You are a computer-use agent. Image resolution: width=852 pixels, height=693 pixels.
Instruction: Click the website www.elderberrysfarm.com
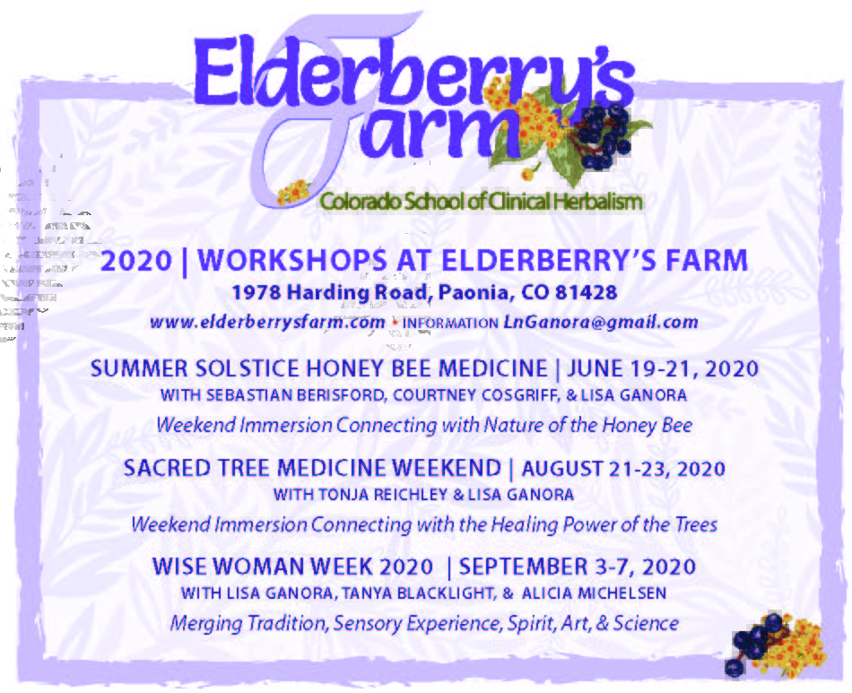point(267,322)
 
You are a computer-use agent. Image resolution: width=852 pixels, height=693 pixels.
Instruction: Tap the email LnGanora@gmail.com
point(601,322)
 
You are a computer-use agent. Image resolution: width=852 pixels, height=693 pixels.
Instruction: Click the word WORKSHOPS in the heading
point(292,260)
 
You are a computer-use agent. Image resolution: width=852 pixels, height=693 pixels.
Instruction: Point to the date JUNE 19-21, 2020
point(663,368)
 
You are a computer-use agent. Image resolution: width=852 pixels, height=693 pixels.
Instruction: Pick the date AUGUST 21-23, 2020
point(623,468)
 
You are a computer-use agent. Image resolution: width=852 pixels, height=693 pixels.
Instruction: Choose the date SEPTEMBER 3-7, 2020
point(578,567)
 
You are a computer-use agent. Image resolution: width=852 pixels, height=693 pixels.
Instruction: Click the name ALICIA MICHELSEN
point(594,593)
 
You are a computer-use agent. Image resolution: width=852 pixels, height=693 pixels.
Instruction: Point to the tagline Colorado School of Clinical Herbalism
point(482,201)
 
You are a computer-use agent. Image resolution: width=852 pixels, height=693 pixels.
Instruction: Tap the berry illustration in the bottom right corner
point(777,645)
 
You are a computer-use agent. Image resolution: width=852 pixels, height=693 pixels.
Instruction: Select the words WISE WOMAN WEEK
point(261,567)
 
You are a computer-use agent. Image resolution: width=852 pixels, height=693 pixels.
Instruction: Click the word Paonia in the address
point(476,292)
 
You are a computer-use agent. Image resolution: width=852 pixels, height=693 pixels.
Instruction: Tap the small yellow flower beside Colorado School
point(294,192)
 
